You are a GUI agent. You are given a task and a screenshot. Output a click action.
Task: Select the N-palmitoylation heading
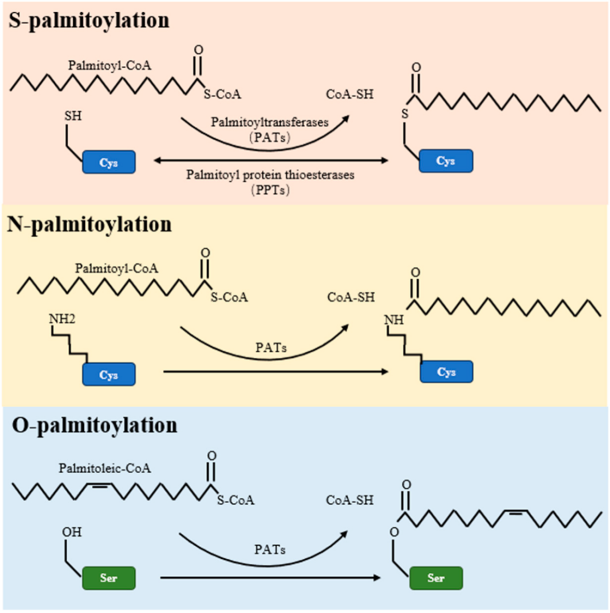tap(89, 225)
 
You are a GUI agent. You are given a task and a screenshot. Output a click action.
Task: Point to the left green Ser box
tap(108, 576)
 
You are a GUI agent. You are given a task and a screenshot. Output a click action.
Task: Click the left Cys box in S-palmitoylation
tap(108, 161)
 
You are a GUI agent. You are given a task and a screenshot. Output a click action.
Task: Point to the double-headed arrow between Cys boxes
tap(271, 161)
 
